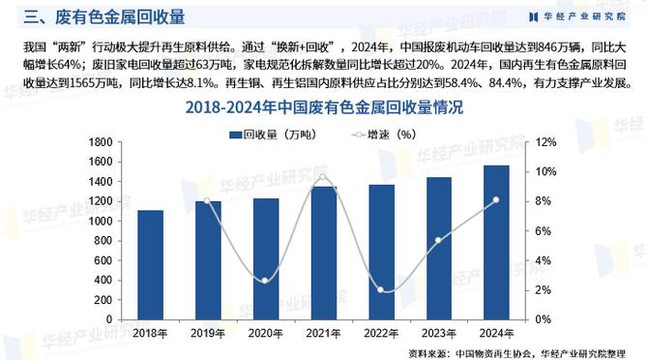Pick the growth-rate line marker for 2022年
point(382,289)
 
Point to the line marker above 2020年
point(266,281)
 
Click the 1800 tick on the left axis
point(99,142)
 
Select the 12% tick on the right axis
point(546,142)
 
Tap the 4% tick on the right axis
point(544,260)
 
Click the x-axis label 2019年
point(208,333)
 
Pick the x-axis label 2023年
point(440,333)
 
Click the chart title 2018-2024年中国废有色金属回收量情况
point(323,107)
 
